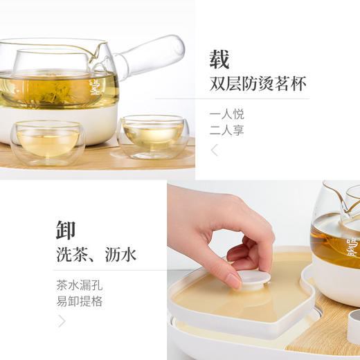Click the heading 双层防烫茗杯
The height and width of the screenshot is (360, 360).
(x=258, y=84)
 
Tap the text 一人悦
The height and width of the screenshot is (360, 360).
(x=226, y=114)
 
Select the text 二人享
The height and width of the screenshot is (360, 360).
(x=226, y=131)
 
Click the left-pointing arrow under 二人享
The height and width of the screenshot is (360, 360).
(x=215, y=150)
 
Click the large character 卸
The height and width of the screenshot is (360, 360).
(x=67, y=229)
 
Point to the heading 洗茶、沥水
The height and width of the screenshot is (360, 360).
(x=96, y=255)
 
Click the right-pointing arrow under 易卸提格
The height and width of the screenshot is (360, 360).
(x=62, y=321)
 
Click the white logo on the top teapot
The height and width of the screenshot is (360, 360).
(x=96, y=89)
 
